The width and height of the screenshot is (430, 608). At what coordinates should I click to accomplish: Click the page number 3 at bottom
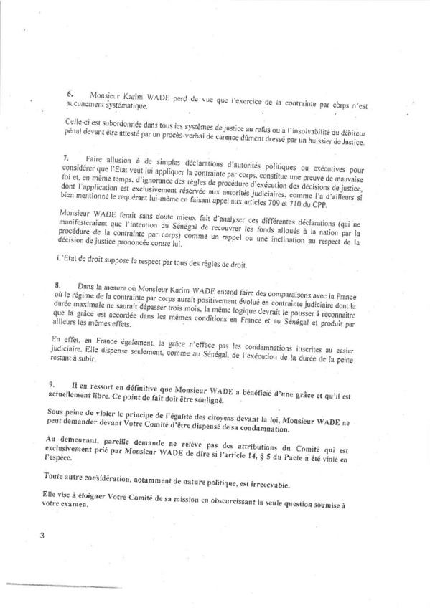tap(42, 536)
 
